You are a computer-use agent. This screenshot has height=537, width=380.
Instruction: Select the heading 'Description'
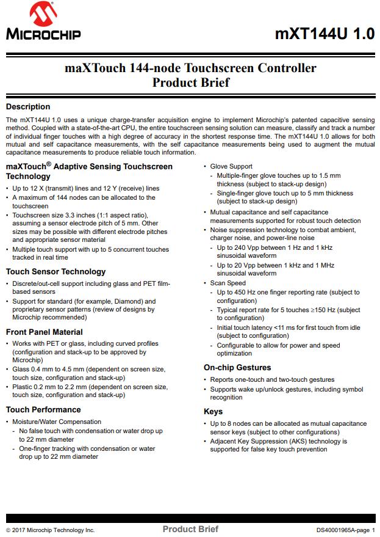click(28, 107)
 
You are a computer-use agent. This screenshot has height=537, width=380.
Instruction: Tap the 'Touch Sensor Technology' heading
click(56, 272)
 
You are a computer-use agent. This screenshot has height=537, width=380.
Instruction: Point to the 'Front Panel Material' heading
click(45, 332)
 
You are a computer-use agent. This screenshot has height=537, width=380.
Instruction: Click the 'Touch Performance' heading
click(43, 410)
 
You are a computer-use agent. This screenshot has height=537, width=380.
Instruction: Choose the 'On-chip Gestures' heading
click(237, 368)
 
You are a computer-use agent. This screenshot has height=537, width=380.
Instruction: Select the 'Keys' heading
click(213, 412)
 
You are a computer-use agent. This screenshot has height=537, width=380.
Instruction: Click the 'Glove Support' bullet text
click(231, 166)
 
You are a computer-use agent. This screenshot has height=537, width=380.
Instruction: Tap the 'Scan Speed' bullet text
click(228, 283)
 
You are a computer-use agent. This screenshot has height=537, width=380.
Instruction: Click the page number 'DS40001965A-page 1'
click(345, 530)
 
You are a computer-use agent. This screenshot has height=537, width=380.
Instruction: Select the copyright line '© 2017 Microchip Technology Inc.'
click(51, 530)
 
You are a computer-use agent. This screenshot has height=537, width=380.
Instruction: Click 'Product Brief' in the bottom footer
click(190, 529)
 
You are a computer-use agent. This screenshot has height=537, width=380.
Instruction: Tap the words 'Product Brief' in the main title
click(190, 82)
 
